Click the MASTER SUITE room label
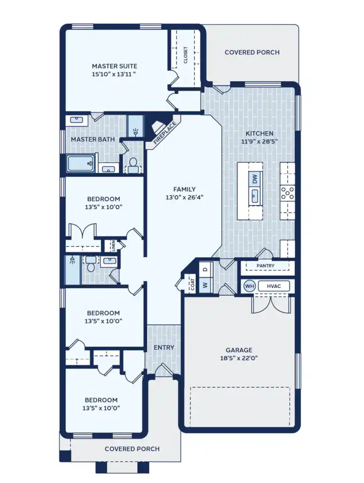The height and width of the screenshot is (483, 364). [115, 66]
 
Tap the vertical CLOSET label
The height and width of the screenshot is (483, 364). [185, 55]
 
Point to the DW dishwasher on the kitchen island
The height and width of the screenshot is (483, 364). [255, 179]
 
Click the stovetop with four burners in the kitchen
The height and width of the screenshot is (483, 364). [288, 192]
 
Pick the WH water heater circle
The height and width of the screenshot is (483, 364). [250, 286]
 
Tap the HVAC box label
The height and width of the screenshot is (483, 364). [274, 286]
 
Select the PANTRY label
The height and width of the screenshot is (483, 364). [265, 266]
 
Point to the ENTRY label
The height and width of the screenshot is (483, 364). [164, 347]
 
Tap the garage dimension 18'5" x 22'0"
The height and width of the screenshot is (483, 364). [239, 358]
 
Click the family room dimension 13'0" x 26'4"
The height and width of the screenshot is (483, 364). [184, 197]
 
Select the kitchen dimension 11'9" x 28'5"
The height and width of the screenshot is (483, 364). [259, 141]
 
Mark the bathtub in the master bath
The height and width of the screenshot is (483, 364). [81, 164]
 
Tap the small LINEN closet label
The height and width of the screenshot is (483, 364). [113, 246]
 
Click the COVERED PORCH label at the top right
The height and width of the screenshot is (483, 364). [252, 52]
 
